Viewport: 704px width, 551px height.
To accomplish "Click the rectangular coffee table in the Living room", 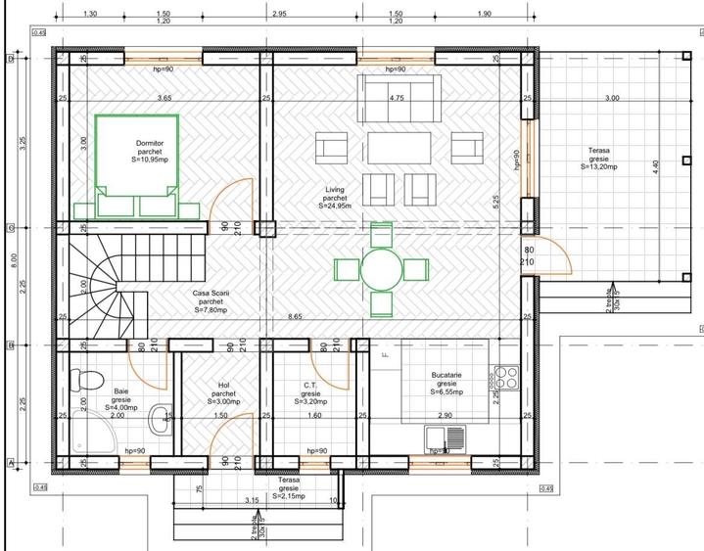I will coord(399,149).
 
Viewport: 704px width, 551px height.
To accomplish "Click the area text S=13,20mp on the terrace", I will coord(598,166).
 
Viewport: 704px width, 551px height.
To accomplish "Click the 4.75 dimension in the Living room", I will coord(397,99).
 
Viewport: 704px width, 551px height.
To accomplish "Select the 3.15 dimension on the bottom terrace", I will coord(252,501).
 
